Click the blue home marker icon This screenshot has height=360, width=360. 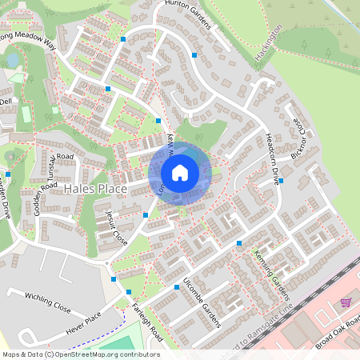[x=180, y=173]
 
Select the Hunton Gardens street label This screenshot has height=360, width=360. [x=189, y=14]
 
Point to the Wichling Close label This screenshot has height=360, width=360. [x=47, y=302]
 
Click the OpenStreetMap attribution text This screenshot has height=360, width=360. [x=81, y=354]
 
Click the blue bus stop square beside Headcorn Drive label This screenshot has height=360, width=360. [x=281, y=181]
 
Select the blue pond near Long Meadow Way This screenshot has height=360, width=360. [x=12, y=59]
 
